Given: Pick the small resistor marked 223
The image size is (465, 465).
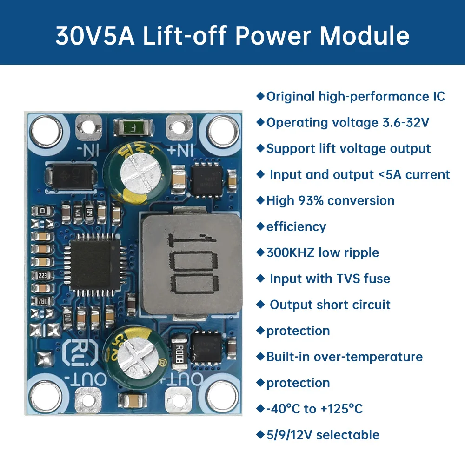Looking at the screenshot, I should tap(42, 275).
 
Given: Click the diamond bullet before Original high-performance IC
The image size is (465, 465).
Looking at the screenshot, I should tap(260, 96).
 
